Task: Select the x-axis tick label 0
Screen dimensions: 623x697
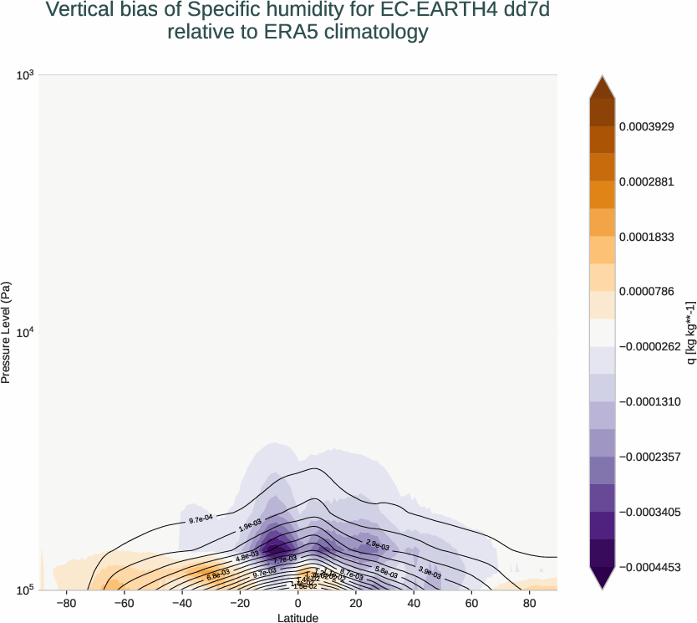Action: tap(298, 602)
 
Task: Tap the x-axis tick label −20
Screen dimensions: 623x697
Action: tap(238, 602)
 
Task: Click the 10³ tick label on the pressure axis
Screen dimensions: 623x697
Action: tap(25, 75)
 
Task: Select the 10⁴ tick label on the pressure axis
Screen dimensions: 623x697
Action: tap(25, 333)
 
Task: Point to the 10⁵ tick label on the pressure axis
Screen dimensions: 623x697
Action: tap(25, 590)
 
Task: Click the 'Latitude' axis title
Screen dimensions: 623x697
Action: tap(298, 617)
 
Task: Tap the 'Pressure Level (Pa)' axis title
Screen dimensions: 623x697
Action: tap(7, 333)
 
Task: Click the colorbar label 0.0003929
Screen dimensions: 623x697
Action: tap(646, 126)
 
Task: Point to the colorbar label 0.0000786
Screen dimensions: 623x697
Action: tap(646, 292)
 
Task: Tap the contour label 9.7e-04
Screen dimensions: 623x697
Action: tap(200, 519)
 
